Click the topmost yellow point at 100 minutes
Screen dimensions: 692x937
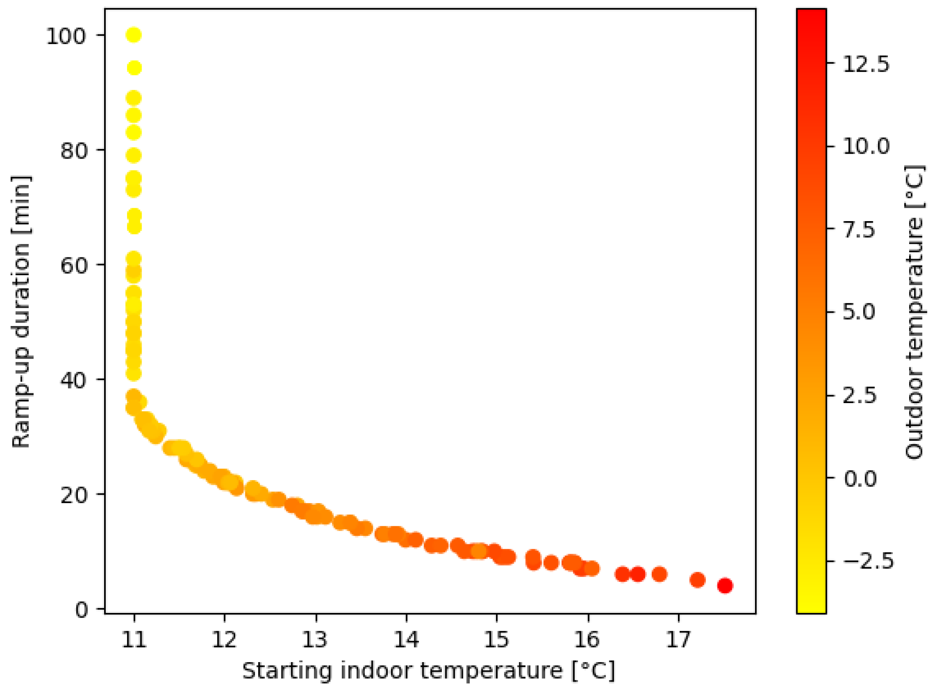(x=134, y=35)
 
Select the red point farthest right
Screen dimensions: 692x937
(x=725, y=585)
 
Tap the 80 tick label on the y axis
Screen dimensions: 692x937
(x=74, y=151)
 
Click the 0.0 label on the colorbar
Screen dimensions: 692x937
(x=860, y=478)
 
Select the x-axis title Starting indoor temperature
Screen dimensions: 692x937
(x=429, y=671)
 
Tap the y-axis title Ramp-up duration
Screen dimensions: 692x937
(x=21, y=312)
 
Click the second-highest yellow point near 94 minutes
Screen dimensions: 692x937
(x=134, y=68)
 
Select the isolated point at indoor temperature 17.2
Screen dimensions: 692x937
(x=697, y=580)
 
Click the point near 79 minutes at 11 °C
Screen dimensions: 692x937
(x=134, y=156)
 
